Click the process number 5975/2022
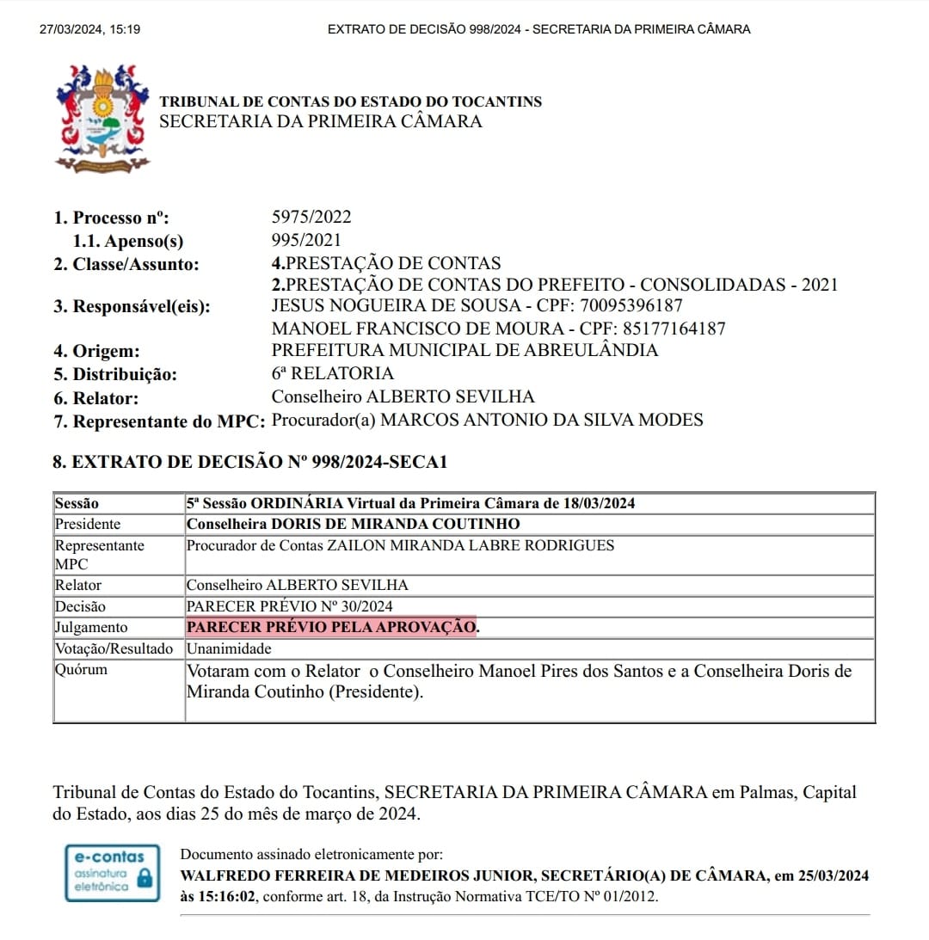click(x=311, y=218)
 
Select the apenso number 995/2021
click(x=306, y=241)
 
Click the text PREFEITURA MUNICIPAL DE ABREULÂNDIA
click(x=464, y=350)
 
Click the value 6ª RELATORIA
click(x=332, y=373)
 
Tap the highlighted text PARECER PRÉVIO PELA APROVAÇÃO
click(x=331, y=627)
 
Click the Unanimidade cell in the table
click(x=229, y=648)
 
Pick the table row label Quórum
click(x=81, y=669)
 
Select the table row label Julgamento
click(x=91, y=627)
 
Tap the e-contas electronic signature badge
click(x=113, y=873)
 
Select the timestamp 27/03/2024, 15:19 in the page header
click(x=90, y=29)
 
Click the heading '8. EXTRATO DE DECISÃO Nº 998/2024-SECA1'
click(x=250, y=462)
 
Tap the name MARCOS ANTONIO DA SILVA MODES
click(x=542, y=420)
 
